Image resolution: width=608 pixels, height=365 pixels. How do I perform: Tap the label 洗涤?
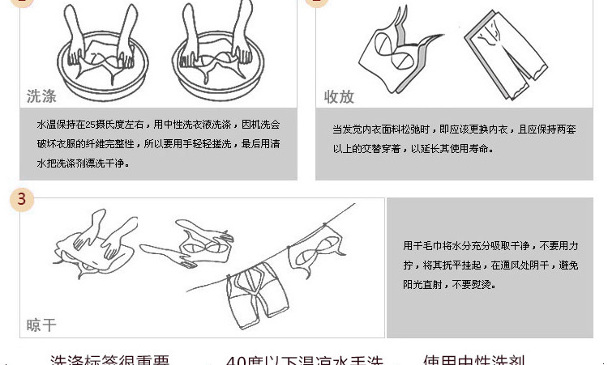41,97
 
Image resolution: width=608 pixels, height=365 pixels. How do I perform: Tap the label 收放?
339,97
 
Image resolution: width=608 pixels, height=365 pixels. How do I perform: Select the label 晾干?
41,325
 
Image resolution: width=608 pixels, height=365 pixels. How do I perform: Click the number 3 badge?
22,200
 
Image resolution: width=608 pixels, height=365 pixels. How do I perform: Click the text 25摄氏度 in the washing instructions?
103,125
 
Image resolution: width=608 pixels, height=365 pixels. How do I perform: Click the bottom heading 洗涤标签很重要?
109,360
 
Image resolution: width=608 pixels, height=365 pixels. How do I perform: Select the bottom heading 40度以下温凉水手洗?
304,360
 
